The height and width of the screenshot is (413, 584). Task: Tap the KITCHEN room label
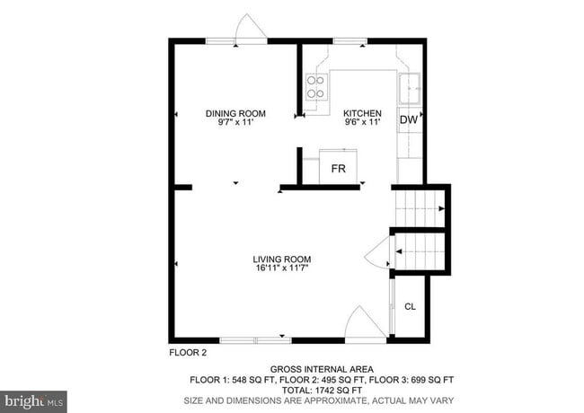click(x=362, y=113)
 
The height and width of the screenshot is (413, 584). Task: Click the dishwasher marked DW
click(x=409, y=119)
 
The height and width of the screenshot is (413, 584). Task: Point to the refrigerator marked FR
click(x=339, y=168)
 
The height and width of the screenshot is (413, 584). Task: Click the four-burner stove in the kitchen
click(x=315, y=86)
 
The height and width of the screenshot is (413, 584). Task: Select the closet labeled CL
click(x=410, y=307)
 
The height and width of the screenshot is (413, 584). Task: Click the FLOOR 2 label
click(x=189, y=353)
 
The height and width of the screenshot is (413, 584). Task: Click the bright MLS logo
click(x=34, y=400)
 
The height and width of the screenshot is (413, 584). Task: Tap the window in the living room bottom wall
click(x=255, y=339)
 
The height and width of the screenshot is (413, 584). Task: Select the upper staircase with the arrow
click(x=419, y=208)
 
